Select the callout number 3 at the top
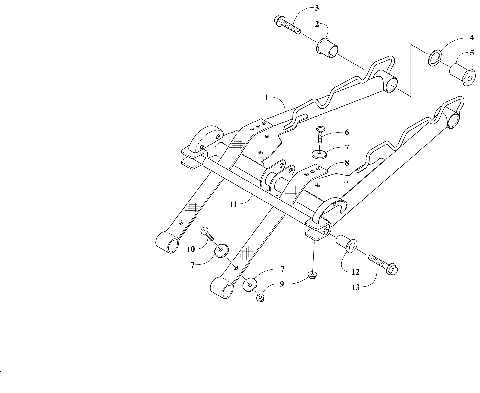pyautogui.click(x=288, y=8)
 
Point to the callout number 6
pyautogui.click(x=346, y=132)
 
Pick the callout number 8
pyautogui.click(x=346, y=161)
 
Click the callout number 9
pyautogui.click(x=281, y=284)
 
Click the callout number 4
pyautogui.click(x=471, y=39)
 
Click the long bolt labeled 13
pyautogui.click(x=382, y=264)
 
